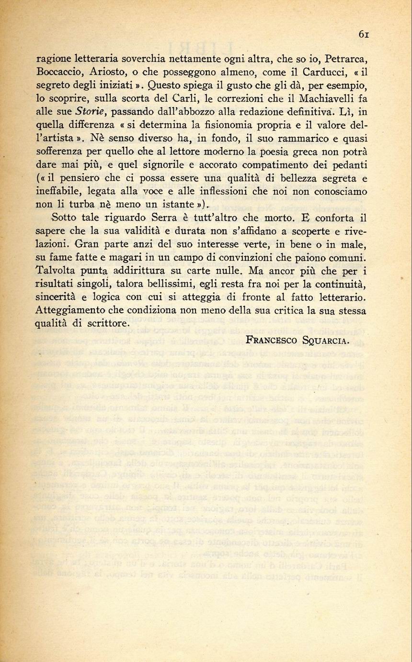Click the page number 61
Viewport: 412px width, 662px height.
tap(363, 34)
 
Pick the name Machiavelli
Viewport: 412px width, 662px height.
tap(327, 101)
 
